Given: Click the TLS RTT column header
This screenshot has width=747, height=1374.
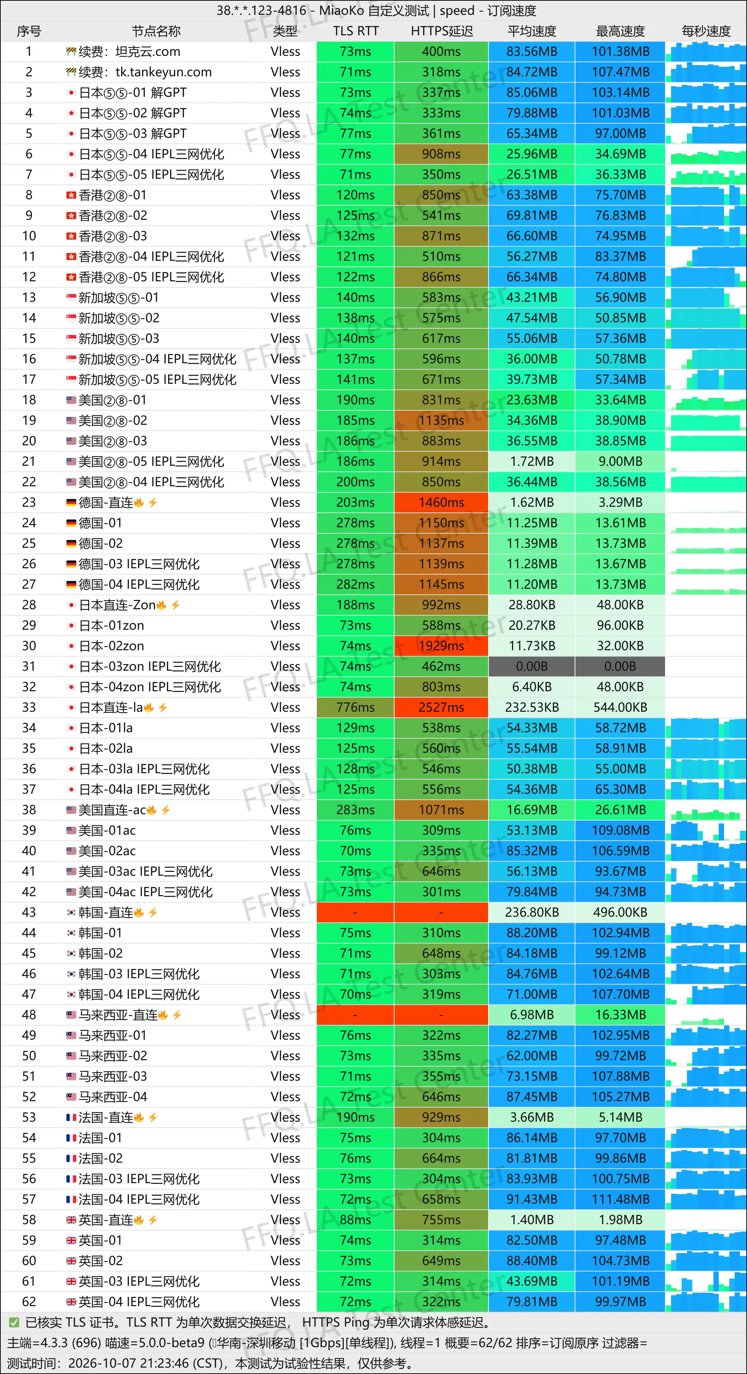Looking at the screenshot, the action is point(356,31).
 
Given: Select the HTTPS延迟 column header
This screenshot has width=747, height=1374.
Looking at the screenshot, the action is point(441,31).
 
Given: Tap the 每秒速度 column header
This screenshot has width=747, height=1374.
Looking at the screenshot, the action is point(706,31).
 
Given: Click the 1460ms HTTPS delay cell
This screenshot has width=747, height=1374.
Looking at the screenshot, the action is point(441,503).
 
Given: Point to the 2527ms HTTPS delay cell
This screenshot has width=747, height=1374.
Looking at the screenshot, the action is point(441,707).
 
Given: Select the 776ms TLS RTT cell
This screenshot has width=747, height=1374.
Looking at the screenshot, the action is point(356,707).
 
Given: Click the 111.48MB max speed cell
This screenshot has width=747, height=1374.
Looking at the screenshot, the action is point(620,1199).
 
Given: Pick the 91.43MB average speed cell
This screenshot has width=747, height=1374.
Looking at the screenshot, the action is point(532,1199).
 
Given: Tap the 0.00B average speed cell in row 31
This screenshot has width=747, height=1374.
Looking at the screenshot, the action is point(532,666).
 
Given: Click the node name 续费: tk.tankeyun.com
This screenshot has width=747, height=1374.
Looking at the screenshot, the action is point(145,72).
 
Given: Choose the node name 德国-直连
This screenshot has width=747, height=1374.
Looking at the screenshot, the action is point(106,503).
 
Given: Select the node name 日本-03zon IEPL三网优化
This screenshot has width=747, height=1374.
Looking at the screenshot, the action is point(150,666).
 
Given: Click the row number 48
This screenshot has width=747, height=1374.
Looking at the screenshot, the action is point(29,1015).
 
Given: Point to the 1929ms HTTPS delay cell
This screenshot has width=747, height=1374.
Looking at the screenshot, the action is point(441,646).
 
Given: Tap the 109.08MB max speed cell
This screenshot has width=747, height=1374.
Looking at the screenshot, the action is point(620,830).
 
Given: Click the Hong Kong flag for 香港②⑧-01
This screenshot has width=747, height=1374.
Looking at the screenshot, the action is point(71,195).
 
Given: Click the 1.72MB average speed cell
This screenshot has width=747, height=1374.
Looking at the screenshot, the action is point(532,462).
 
